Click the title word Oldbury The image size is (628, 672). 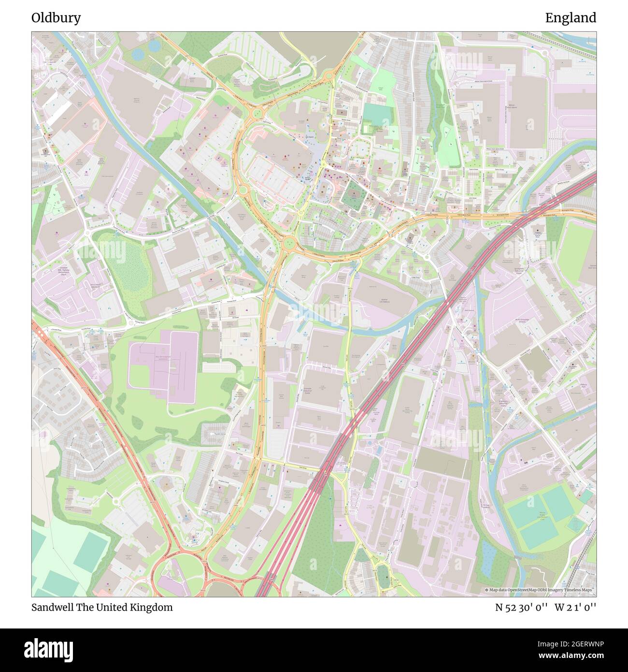click(56, 18)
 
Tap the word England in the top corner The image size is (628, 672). click(571, 18)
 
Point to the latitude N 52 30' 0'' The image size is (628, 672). click(521, 608)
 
